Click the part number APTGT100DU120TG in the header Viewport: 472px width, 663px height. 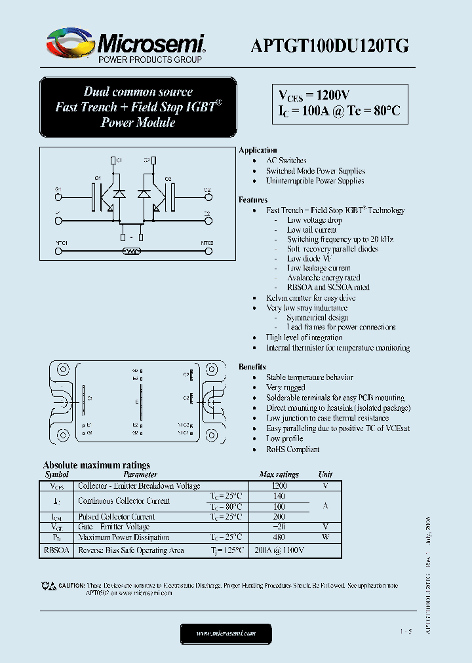(x=330, y=45)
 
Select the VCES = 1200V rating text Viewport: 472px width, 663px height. (x=311, y=94)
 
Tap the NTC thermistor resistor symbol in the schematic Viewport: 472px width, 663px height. (x=132, y=250)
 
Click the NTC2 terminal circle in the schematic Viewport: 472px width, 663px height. (x=207, y=250)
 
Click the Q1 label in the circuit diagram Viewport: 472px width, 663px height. (x=97, y=178)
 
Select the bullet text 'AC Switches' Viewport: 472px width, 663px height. (x=286, y=161)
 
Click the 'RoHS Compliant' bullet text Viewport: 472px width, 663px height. (x=292, y=449)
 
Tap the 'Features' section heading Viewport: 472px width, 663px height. (x=253, y=200)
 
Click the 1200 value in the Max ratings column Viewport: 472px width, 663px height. (x=279, y=486)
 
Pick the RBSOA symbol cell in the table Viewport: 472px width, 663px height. (x=56, y=551)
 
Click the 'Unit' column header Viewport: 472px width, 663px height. (x=325, y=474)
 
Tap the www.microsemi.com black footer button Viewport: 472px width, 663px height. (x=226, y=634)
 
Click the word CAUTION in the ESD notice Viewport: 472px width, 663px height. (x=71, y=585)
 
